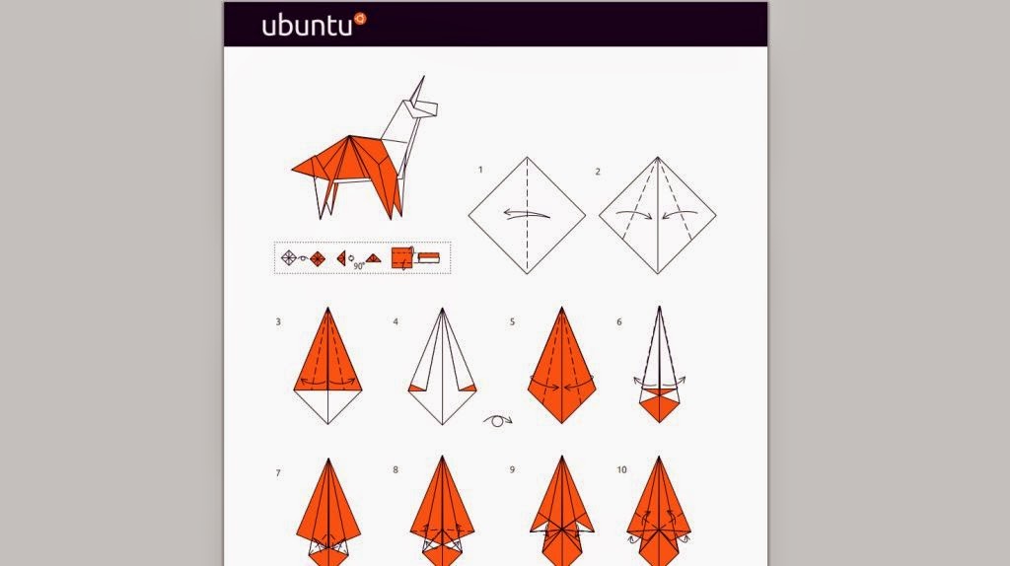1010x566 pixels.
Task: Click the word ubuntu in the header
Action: pos(307,26)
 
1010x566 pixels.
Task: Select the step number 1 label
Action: pos(480,171)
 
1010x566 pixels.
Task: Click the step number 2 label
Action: pos(597,171)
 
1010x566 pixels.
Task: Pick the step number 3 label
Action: pos(278,321)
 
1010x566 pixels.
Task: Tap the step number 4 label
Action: pos(395,321)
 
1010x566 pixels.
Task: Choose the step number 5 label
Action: pos(512,321)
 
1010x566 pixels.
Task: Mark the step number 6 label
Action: pos(619,321)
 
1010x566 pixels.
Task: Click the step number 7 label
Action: pos(278,473)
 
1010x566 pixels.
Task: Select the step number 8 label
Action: pos(395,469)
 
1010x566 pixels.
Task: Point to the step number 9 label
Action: pos(512,469)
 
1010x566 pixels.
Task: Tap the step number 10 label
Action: pos(621,469)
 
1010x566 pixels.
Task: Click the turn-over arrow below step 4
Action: pos(498,421)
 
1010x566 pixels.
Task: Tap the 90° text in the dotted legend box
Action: pos(359,265)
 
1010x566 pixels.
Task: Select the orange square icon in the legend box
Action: pos(402,257)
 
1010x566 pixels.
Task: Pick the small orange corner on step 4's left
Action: pos(416,389)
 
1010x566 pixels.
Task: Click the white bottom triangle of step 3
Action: pos(329,404)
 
